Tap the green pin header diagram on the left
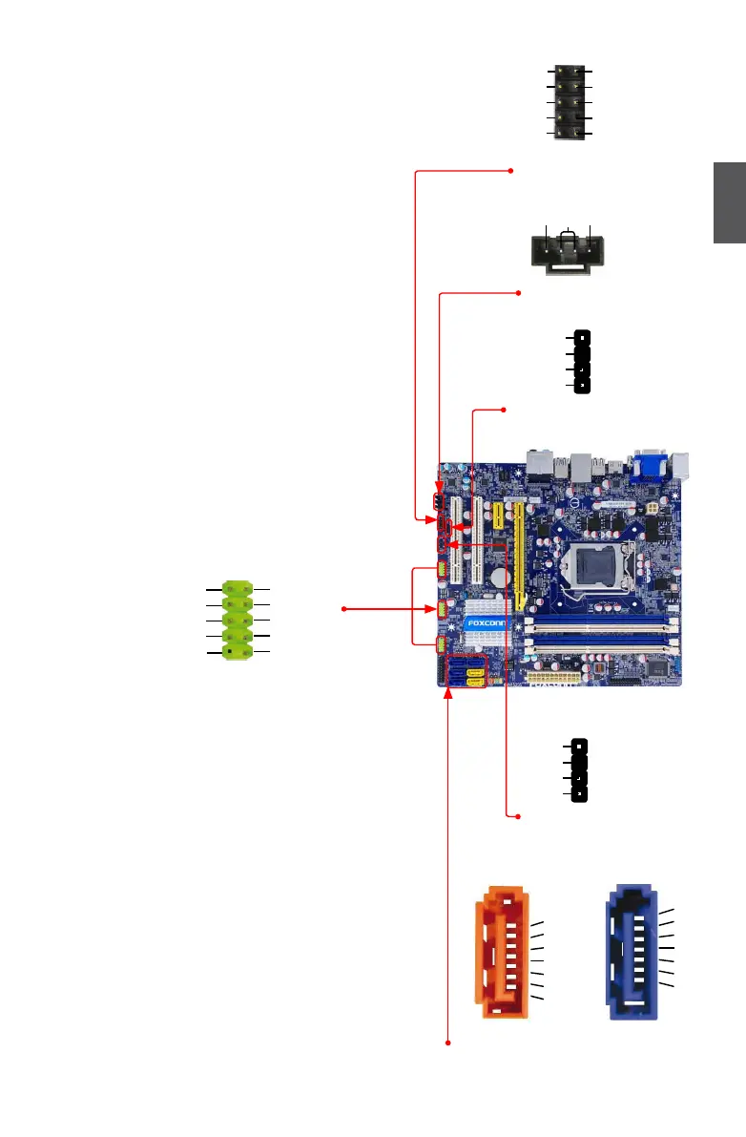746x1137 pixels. point(237,620)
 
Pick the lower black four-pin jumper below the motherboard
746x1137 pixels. point(579,769)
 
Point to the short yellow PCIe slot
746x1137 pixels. point(497,517)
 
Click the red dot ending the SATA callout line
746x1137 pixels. point(449,1042)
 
